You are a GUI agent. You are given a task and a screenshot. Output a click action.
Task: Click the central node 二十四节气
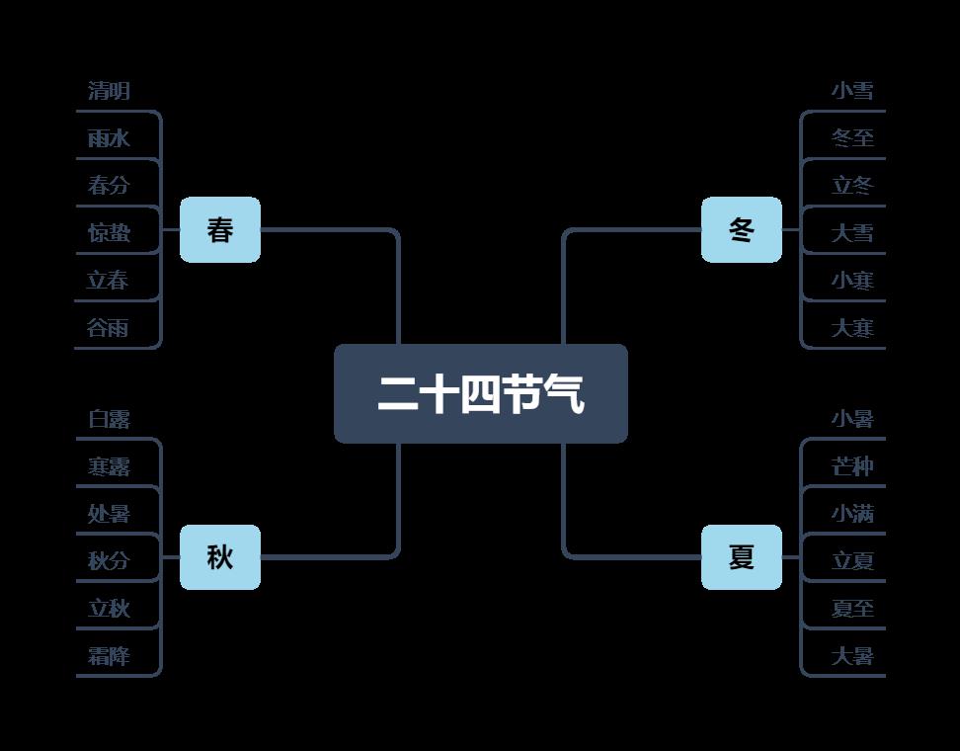pos(480,393)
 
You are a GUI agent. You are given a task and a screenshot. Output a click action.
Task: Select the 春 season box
pos(220,230)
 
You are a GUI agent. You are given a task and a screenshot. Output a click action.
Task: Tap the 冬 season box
pos(741,230)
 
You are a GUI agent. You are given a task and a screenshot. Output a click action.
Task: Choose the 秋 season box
pos(220,557)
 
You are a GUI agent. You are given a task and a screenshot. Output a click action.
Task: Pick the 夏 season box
pos(741,557)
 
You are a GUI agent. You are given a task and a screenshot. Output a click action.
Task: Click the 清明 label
pos(109,91)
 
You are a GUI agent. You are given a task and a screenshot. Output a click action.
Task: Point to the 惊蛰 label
pos(109,233)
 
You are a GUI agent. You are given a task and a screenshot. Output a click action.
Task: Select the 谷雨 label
pos(109,328)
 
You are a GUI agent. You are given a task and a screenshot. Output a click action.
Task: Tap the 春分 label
pos(109,186)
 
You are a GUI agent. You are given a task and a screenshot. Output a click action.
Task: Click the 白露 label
pos(109,419)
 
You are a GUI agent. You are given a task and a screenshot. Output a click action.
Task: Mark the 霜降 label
pos(109,656)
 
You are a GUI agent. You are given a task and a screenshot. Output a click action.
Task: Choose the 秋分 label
pos(109,561)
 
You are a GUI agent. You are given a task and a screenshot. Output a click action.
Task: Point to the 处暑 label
pos(109,514)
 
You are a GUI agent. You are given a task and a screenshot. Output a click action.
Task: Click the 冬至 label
pos(852,138)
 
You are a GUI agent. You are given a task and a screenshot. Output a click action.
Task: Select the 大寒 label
pos(852,328)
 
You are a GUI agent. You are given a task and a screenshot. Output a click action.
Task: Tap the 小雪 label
pos(852,91)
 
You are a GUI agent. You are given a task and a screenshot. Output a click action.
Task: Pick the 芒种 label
pos(852,466)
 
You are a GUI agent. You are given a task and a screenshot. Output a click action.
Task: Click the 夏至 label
pos(852,609)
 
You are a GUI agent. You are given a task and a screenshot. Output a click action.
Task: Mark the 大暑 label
pos(852,656)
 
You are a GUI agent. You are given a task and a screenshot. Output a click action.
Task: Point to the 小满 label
pos(852,514)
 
